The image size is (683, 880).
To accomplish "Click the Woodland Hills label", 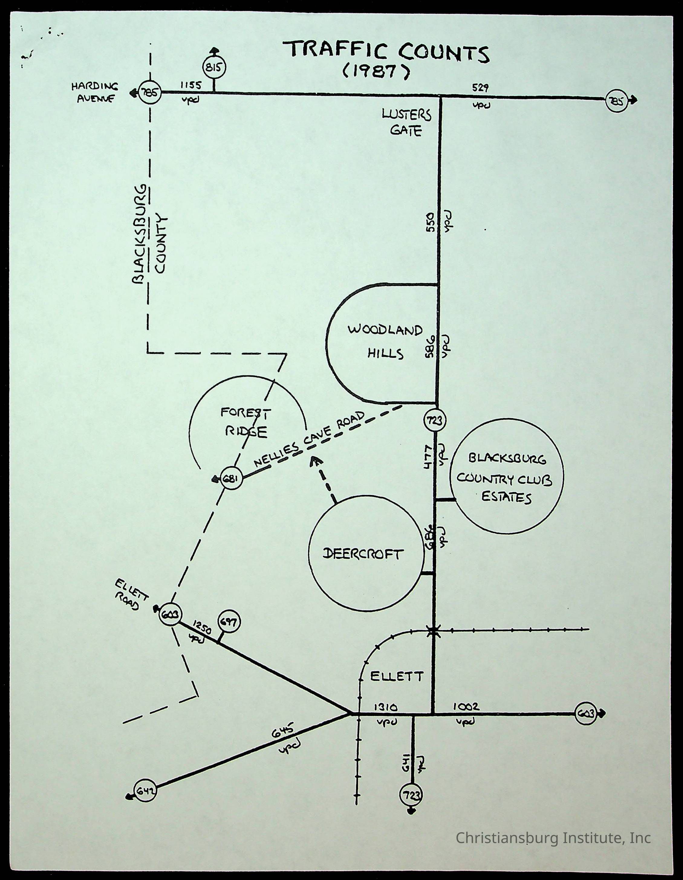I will click(x=385, y=342).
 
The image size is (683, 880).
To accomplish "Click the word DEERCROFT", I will click(x=363, y=555).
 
